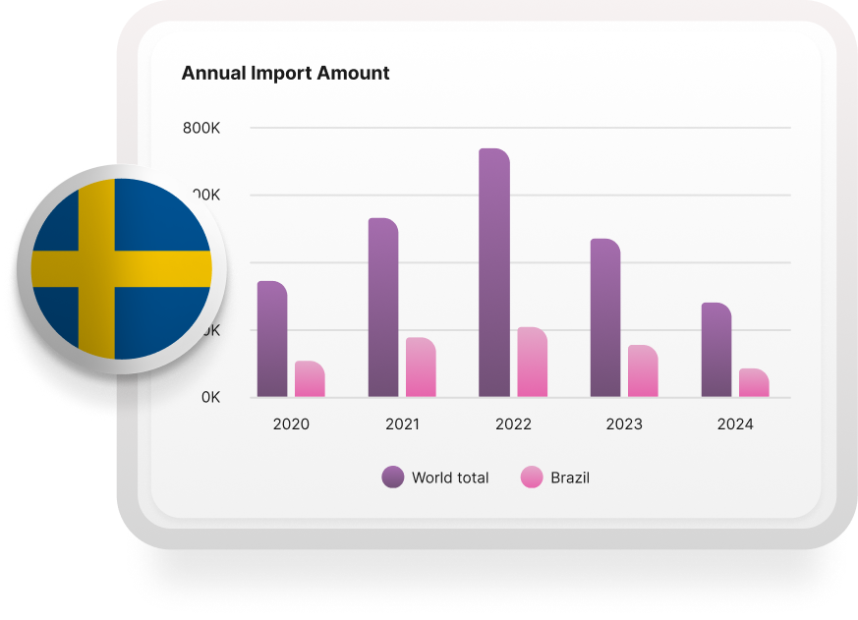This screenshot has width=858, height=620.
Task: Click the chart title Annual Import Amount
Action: tap(285, 74)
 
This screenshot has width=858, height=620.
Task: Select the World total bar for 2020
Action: tap(272, 339)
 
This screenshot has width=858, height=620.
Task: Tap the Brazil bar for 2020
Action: tap(310, 379)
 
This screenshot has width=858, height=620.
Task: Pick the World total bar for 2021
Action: tap(383, 308)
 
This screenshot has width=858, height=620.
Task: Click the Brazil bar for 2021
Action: tap(421, 367)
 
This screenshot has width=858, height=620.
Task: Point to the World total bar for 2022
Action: tap(494, 273)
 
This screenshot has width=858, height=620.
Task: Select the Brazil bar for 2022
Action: tap(532, 363)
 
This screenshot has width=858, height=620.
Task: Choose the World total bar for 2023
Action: tap(605, 318)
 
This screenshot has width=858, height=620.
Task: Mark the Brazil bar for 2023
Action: tap(643, 371)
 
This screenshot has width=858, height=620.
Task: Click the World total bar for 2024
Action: tap(716, 350)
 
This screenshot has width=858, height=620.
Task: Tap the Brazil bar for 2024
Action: tap(754, 383)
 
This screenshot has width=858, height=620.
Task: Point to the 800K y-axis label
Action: tap(201, 128)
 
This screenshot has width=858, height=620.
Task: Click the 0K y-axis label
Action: tap(210, 398)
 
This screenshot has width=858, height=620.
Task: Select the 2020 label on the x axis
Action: tap(291, 424)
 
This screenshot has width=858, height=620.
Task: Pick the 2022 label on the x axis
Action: tap(513, 424)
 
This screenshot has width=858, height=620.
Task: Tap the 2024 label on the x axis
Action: tap(735, 424)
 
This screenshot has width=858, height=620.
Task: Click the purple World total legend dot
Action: tap(393, 478)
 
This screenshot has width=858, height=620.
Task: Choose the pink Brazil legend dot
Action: tap(532, 478)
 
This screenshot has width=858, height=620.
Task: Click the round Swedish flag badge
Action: tap(122, 268)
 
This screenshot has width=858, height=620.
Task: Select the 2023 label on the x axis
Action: tap(624, 424)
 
